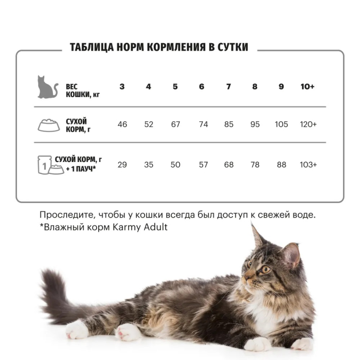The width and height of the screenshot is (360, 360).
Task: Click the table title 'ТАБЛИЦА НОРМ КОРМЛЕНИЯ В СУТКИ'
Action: [x=159, y=47]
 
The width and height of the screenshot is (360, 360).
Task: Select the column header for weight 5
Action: [x=175, y=86]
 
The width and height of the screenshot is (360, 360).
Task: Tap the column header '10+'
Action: [x=308, y=86]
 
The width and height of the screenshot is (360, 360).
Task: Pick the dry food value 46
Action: [x=122, y=124]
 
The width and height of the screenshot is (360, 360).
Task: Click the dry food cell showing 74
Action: [x=204, y=124]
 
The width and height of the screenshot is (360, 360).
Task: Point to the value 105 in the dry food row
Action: [x=281, y=124]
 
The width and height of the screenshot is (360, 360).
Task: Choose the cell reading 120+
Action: [x=308, y=124]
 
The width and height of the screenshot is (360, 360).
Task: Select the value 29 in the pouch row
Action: [x=122, y=165]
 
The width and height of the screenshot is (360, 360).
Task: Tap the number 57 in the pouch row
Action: [x=204, y=165]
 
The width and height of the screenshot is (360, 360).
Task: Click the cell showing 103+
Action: [x=308, y=165]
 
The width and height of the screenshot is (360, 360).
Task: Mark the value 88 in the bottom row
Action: [x=281, y=165]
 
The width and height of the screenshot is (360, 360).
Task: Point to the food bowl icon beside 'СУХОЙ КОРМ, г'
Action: [x=49, y=125]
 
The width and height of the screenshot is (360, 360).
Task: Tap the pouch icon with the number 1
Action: [x=44, y=165]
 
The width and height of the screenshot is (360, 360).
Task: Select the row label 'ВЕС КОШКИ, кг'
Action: [x=83, y=91]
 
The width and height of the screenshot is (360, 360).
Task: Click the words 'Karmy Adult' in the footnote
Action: [x=140, y=227]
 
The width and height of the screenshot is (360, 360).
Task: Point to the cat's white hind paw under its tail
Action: [x=77, y=330]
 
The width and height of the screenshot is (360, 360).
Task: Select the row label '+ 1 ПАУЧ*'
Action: [x=81, y=169]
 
